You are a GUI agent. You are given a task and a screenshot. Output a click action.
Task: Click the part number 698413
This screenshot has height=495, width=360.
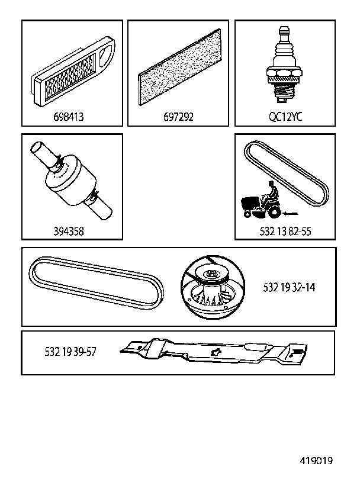point(69,117)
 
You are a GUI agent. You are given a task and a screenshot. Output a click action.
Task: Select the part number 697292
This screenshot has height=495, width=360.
point(178,117)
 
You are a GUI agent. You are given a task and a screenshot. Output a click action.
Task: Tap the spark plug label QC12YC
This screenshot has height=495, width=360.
point(285,117)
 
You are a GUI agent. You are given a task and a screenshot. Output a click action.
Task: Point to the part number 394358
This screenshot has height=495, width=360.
point(69,232)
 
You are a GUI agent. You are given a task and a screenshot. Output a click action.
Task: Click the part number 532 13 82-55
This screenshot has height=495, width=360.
point(285,232)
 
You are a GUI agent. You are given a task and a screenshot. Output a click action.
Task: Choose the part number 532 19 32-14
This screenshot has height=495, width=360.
point(289,287)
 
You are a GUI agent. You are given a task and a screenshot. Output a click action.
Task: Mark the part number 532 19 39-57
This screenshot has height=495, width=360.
point(70,352)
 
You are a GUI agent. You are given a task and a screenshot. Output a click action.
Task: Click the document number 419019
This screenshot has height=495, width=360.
point(316,461)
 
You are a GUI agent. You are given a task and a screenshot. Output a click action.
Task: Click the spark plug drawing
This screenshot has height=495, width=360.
point(283,65)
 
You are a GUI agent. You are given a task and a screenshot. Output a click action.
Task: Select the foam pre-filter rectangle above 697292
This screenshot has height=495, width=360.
point(179,67)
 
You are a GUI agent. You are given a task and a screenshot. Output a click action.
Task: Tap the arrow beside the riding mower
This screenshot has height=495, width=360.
point(291,214)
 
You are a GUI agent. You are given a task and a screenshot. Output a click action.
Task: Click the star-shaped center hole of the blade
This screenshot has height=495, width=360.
point(217,351)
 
